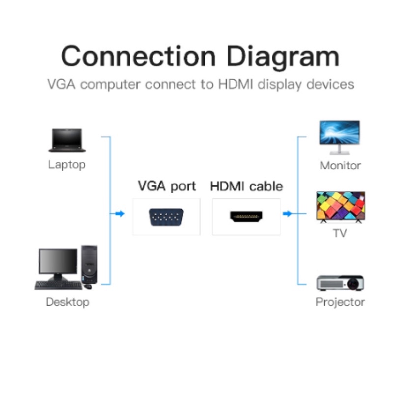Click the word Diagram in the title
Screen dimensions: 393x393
pos(282,57)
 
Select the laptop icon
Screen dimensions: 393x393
pos(67,140)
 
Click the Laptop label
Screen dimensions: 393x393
pos(67,165)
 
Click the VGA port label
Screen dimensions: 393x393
pos(167,187)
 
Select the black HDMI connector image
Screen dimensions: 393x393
pos(247,216)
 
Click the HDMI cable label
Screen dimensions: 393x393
pos(247,187)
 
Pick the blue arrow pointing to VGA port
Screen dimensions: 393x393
pos(118,214)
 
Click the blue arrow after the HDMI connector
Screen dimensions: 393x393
pos(288,214)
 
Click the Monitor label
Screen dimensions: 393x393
pos(340,165)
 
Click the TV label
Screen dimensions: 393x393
pos(340,233)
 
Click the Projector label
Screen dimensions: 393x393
pos(340,302)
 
